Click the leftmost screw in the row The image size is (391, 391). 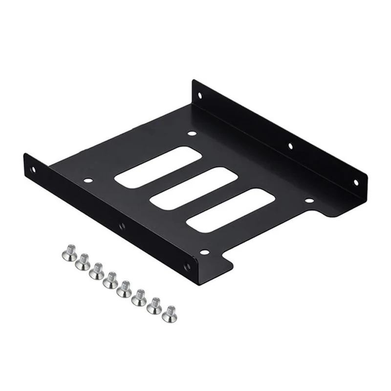[68, 253]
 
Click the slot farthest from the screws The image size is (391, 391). [158, 166]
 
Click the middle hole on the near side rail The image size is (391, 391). [122, 226]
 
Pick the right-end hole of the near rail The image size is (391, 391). [186, 267]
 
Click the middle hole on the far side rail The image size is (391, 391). [290, 145]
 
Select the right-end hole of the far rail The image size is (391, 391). [355, 183]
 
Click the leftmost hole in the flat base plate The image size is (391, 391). [87, 180]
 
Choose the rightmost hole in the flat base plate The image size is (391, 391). [309, 200]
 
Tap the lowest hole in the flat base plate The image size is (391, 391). [205, 253]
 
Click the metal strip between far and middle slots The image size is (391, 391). [176, 177]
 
